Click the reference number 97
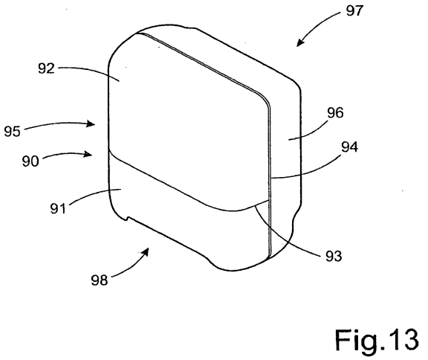pyautogui.click(x=354, y=11)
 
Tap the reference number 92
pyautogui.click(x=46, y=68)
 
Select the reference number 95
pyautogui.click(x=13, y=132)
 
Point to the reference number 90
pyautogui.click(x=30, y=161)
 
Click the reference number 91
pyautogui.click(x=58, y=209)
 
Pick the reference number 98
pyautogui.click(x=100, y=280)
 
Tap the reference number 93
pyautogui.click(x=334, y=257)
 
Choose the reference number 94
pyautogui.click(x=350, y=147)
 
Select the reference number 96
pyautogui.click(x=335, y=112)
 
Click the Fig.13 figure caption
pyautogui.click(x=377, y=340)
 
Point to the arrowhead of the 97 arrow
pyautogui.click(x=300, y=43)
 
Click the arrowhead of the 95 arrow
pyautogui.click(x=91, y=123)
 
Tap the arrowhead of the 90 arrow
pyautogui.click(x=88, y=154)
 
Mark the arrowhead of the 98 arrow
pyautogui.click(x=146, y=251)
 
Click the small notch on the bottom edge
pyautogui.click(x=126, y=219)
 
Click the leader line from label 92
pyautogui.click(x=90, y=71)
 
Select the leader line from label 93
pyautogui.click(x=284, y=240)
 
